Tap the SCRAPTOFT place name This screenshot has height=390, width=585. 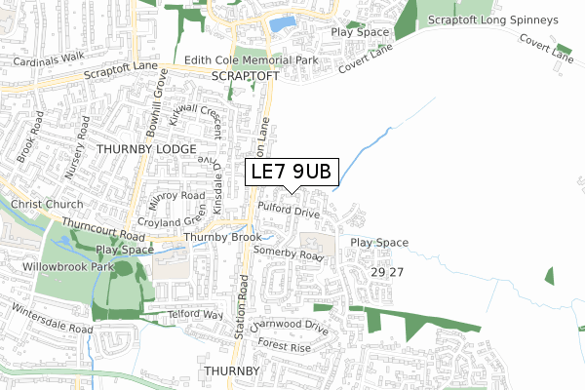pyautogui.click(x=237, y=76)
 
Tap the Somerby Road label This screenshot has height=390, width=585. pyautogui.click(x=287, y=253)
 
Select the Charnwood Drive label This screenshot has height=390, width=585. pyautogui.click(x=289, y=328)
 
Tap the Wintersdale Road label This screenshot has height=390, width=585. pyautogui.click(x=52, y=320)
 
